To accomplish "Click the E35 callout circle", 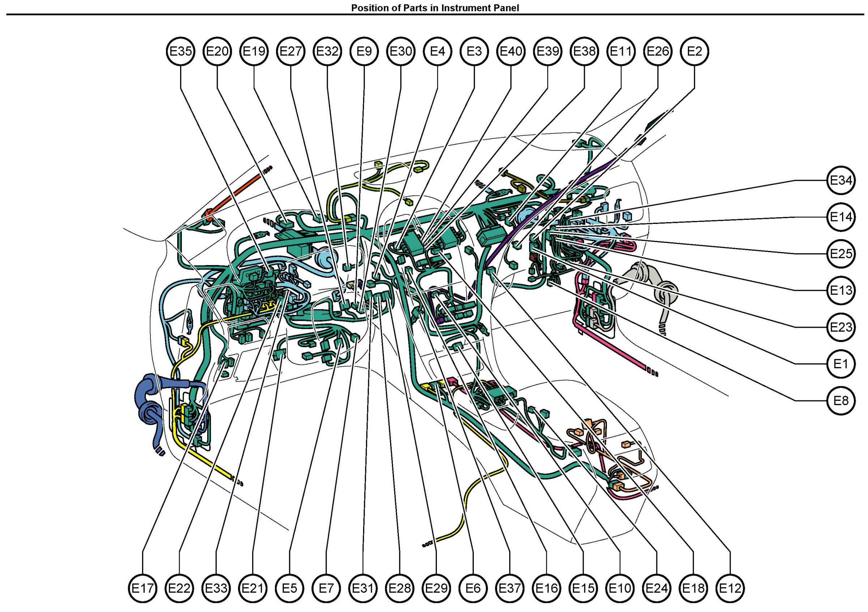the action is pyautogui.click(x=181, y=51).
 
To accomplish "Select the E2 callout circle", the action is pyautogui.click(x=694, y=51).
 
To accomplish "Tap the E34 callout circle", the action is pyautogui.click(x=841, y=180).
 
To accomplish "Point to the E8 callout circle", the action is pyautogui.click(x=841, y=400).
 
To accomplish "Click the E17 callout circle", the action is pyautogui.click(x=142, y=588).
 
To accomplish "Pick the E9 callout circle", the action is pyautogui.click(x=364, y=51).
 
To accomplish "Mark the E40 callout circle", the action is pyautogui.click(x=511, y=51).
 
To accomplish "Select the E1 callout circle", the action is pyautogui.click(x=841, y=364).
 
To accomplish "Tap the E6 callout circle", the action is pyautogui.click(x=473, y=588).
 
